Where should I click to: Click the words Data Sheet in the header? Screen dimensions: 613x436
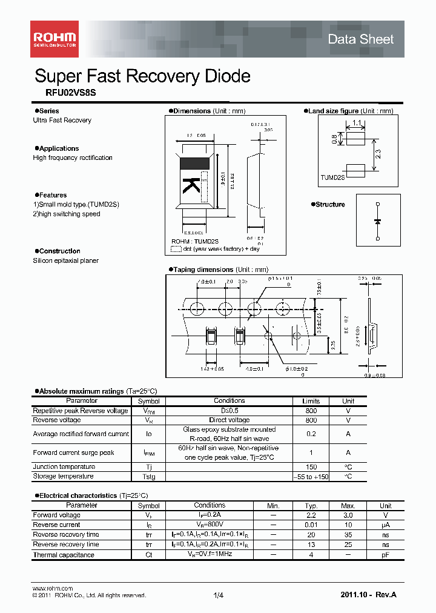tap(360, 39)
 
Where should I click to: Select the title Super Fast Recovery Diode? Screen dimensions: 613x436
tap(142, 76)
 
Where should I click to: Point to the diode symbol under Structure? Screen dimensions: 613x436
tap(378, 221)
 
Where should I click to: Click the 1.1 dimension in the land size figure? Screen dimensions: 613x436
tap(356, 123)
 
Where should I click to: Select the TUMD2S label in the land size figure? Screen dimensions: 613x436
tap(332, 177)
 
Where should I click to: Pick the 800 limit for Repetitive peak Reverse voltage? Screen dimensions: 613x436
tap(311, 411)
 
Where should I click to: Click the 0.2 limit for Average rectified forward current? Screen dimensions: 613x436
tap(311, 434)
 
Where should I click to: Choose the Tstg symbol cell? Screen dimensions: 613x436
tap(148, 477)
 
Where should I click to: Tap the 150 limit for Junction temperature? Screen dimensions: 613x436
tap(311, 467)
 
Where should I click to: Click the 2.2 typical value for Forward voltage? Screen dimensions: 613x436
tap(311, 515)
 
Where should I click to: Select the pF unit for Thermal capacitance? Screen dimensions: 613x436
tap(386, 555)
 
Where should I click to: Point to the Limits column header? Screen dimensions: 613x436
tap(311, 401)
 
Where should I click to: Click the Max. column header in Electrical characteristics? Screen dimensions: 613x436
tap(348, 506)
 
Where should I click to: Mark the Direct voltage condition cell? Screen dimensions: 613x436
tap(230, 420)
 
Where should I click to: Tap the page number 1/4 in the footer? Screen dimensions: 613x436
tap(219, 596)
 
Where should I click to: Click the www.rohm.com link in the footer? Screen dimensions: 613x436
tap(52, 588)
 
